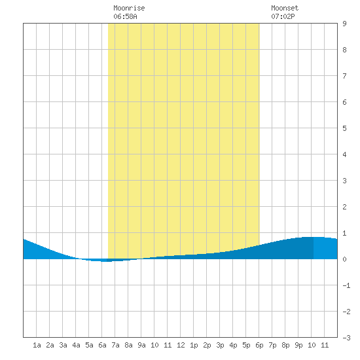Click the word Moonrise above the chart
point(129,8)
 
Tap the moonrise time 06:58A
point(125,16)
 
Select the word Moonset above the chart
point(285,8)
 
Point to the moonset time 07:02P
point(283,16)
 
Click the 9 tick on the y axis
point(344,24)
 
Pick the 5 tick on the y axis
point(344,128)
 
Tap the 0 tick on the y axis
point(344,259)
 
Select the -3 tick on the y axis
point(346,338)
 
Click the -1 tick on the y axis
point(346,285)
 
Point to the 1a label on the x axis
point(37,345)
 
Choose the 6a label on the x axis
point(102,345)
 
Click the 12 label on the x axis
point(181,345)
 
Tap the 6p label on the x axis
point(259,345)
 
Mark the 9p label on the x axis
point(298,345)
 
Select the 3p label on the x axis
point(220,345)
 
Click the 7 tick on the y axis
point(344,76)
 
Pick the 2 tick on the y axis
point(344,207)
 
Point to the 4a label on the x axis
point(76,345)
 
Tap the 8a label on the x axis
point(128,345)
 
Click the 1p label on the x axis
point(194,345)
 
